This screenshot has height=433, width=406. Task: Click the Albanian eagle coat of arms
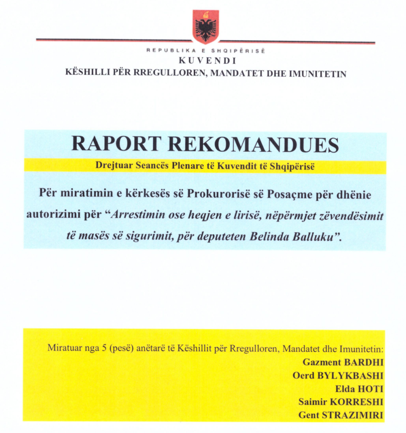point(206,27)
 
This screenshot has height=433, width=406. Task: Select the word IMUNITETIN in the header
point(320,73)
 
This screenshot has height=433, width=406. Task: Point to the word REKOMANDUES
point(253,144)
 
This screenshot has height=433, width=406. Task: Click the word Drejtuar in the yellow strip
point(111,166)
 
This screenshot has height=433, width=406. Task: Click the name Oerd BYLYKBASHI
point(338,375)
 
